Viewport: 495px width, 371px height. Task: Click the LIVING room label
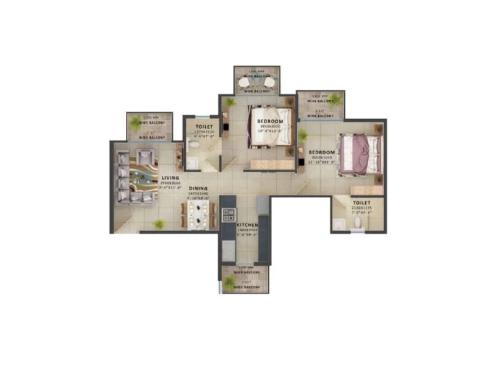coord(171,178)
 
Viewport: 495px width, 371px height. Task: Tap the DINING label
coord(198,188)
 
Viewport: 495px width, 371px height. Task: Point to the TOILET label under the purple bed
coord(362,202)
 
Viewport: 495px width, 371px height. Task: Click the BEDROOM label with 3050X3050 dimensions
coord(271,121)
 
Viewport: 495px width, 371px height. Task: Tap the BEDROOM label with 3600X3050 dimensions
coord(322,152)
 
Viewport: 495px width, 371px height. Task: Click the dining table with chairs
coord(199,215)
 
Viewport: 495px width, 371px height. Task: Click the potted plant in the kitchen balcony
coord(230,283)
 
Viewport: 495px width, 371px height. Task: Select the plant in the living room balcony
coord(136,122)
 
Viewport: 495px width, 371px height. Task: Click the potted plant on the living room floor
coord(160,223)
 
